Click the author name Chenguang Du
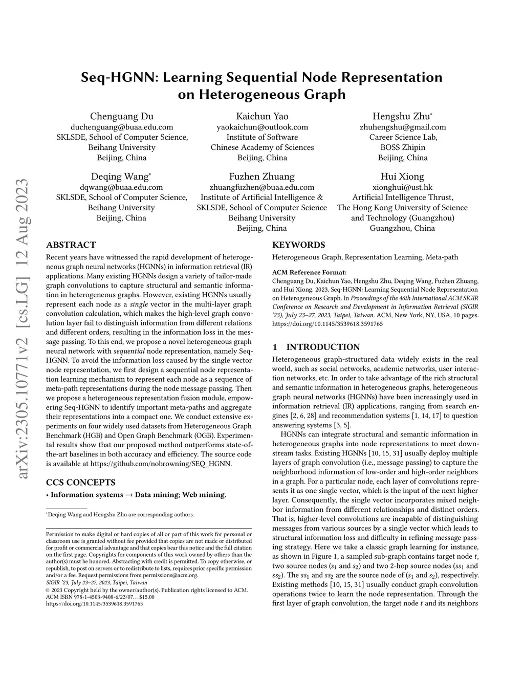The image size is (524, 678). click(x=122, y=116)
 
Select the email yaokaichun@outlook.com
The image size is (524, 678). click(x=262, y=127)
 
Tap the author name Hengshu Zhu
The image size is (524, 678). click(x=402, y=116)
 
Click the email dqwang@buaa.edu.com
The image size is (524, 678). click(x=121, y=187)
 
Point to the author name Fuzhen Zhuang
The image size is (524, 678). click(x=262, y=177)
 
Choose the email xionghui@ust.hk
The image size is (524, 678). click(x=402, y=187)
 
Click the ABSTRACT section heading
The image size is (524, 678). click(x=71, y=245)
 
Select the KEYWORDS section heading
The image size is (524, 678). click(x=298, y=245)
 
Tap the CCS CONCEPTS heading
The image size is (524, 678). click(x=81, y=483)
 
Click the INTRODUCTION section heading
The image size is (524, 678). click(x=322, y=347)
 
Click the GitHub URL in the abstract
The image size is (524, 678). click(x=161, y=464)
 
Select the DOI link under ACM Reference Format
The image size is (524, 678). click(x=327, y=324)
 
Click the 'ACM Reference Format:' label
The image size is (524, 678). click(x=309, y=272)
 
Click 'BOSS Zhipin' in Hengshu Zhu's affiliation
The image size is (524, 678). click(x=402, y=147)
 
